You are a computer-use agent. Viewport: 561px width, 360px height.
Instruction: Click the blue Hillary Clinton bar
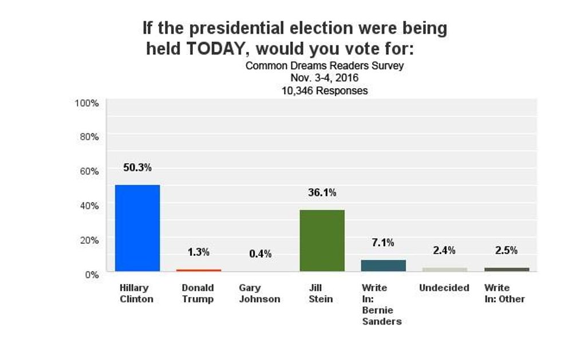[137, 228]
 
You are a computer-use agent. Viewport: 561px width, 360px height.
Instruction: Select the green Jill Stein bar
[322, 240]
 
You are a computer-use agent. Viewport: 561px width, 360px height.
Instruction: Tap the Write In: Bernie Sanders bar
[384, 266]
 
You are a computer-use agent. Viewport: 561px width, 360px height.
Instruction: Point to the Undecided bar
[445, 269]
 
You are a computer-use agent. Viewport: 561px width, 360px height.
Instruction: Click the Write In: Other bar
[507, 269]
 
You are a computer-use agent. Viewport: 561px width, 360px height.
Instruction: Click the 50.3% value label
[137, 168]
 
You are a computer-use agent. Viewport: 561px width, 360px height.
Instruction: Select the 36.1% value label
[322, 193]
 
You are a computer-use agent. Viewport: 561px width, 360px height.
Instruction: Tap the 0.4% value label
[260, 254]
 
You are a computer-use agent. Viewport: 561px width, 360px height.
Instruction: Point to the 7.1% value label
[383, 243]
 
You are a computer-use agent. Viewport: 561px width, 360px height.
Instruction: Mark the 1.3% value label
[199, 252]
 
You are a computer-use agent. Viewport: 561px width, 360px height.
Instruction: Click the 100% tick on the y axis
[87, 103]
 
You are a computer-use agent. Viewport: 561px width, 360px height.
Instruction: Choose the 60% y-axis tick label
[89, 171]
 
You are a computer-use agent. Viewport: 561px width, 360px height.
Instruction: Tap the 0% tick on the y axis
[92, 274]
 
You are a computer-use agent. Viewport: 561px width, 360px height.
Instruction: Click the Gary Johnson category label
[259, 294]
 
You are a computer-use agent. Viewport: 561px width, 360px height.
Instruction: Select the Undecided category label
[444, 288]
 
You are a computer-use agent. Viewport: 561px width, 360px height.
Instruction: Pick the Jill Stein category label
[321, 294]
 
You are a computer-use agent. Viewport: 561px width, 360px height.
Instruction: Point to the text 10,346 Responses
[325, 90]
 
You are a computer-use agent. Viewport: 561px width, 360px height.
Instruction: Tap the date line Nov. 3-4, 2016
[325, 78]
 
